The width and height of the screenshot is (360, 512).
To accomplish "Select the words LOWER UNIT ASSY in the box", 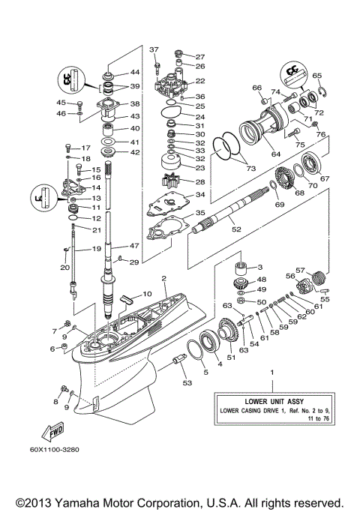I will tap(273, 400).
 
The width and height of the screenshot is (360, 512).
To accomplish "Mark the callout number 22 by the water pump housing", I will tap(199, 81).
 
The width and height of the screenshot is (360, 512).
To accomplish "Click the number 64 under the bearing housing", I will tap(276, 154).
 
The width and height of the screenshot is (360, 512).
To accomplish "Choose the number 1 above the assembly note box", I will tap(272, 373).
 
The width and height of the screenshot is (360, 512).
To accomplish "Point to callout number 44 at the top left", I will tap(136, 72).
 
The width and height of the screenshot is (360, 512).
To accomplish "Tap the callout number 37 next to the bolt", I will tap(154, 49).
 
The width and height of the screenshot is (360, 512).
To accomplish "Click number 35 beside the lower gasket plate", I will tap(200, 213).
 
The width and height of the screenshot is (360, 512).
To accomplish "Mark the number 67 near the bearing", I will tap(325, 178).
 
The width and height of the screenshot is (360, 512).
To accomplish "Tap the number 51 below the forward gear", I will tap(231, 358).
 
